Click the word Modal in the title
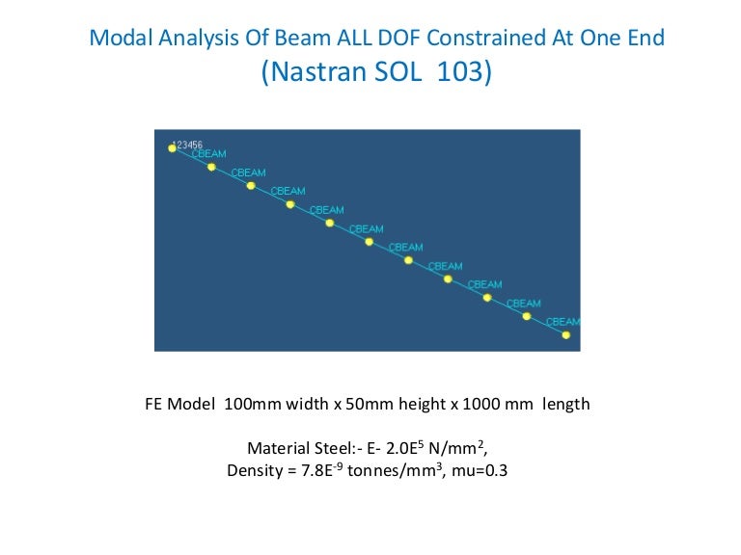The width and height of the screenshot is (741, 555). tap(117, 39)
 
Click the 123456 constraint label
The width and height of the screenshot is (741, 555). tap(186, 145)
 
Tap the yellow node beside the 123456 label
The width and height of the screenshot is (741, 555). tap(172, 148)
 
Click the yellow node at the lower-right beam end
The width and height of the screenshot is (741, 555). tap(566, 335)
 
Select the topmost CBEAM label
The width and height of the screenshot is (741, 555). tap(209, 154)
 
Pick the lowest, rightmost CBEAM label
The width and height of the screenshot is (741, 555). tap(563, 322)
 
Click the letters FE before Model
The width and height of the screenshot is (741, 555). tap(154, 405)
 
